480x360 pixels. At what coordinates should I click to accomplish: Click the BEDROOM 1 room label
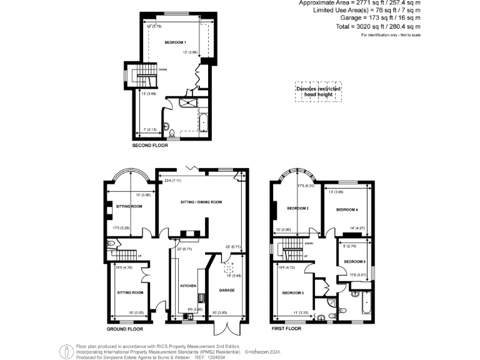click(x=175, y=42)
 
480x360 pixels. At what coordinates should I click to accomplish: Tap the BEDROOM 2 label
click(x=298, y=208)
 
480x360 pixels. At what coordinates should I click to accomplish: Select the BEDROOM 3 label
click(x=292, y=293)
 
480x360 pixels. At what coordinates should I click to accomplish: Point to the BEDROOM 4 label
click(x=347, y=210)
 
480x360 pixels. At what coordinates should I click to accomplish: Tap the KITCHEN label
click(x=188, y=286)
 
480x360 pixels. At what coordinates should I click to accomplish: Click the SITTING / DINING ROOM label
click(x=201, y=202)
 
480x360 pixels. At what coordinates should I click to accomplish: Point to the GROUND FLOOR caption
click(x=124, y=329)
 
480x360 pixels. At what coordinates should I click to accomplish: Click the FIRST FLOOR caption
click(x=286, y=328)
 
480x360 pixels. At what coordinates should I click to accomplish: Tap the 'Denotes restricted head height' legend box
click(x=319, y=91)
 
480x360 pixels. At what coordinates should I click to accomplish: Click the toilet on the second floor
click(x=171, y=131)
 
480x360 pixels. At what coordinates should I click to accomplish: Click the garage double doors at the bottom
click(x=224, y=329)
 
